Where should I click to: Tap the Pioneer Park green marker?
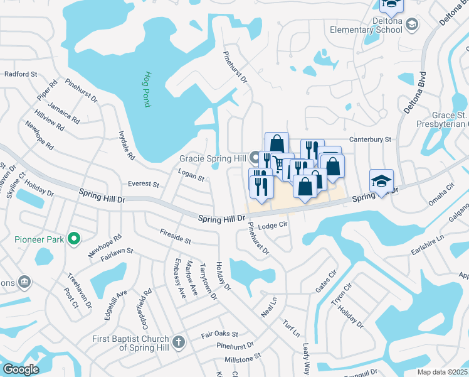(74, 238)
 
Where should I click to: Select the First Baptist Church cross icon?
(179, 342)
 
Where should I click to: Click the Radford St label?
(21, 74)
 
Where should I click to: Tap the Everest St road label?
(143, 185)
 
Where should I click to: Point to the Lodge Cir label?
(273, 226)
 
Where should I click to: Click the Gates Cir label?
(326, 281)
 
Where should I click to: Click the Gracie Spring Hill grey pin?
(255, 156)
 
